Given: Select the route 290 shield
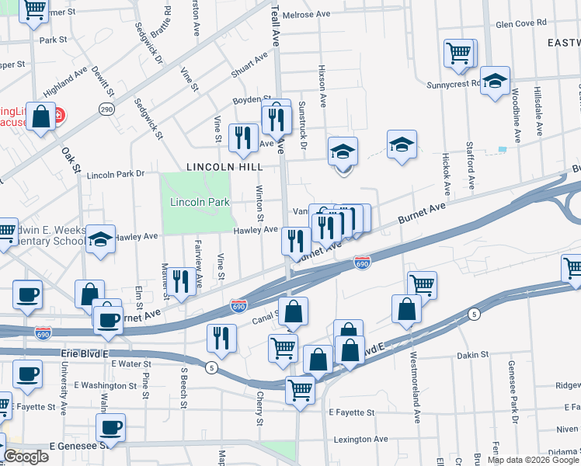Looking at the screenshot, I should [x=106, y=110].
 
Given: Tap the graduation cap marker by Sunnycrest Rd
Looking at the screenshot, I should [x=494, y=81].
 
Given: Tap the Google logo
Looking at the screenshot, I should [x=26, y=457].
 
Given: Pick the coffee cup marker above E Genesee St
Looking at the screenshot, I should [x=110, y=427].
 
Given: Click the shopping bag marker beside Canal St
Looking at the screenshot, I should [x=293, y=312].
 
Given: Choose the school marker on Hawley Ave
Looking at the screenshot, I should [x=100, y=239].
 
